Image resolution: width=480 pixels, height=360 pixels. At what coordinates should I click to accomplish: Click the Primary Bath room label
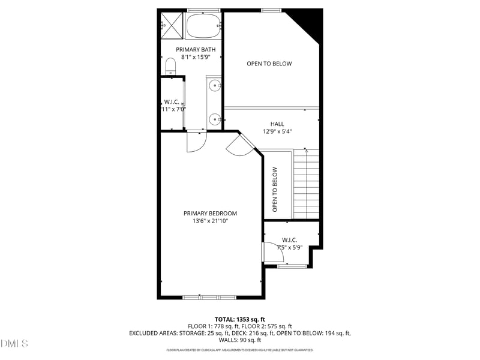coord(192,49)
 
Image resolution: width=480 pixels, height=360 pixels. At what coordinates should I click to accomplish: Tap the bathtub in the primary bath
coord(203,27)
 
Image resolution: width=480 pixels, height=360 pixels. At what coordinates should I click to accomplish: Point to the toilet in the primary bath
coord(170,64)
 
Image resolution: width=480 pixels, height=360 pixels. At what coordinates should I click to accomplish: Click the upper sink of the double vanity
coord(214,86)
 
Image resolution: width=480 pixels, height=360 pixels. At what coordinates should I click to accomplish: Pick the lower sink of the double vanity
coord(214,118)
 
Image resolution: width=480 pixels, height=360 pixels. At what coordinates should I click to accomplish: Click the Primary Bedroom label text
coord(210,213)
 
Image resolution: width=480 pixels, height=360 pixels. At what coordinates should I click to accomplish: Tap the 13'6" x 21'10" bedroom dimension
coord(210,221)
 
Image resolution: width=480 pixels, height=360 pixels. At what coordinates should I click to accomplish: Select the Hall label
coord(277,124)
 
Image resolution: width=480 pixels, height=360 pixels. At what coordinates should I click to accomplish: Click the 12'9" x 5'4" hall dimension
coord(281,131)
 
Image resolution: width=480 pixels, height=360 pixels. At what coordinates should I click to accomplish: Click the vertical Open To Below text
coord(275,188)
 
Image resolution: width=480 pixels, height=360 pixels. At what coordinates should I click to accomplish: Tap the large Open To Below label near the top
coord(269,64)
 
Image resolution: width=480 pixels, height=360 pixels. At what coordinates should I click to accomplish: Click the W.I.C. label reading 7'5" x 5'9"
coord(290,244)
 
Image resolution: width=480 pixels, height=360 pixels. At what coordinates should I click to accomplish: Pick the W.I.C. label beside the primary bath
coord(172,106)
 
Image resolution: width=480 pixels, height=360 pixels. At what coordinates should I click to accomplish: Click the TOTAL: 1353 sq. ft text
coord(240,319)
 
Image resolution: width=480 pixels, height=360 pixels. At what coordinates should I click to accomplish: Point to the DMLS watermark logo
coord(14,343)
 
